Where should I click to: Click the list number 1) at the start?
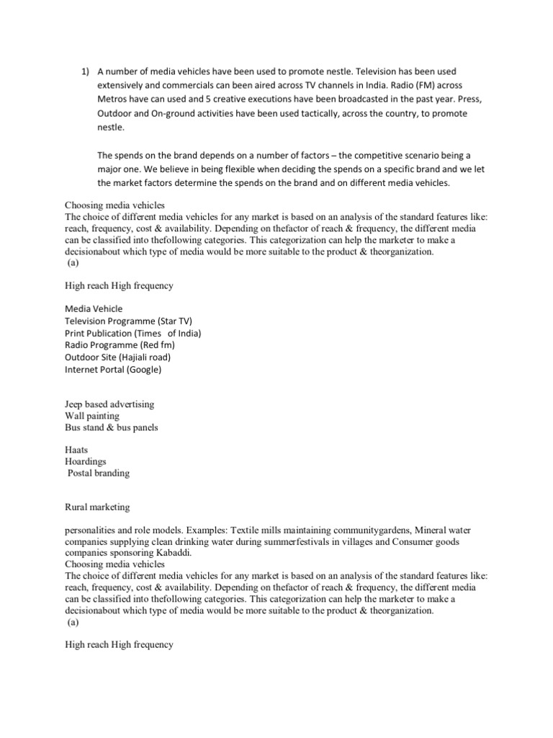(84, 72)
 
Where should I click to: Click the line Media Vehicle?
(94, 308)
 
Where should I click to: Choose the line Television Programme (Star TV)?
(129, 321)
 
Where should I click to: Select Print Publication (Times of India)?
(132, 333)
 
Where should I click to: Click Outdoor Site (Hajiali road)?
(118, 357)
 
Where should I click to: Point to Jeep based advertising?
(109, 404)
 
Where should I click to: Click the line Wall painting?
(92, 416)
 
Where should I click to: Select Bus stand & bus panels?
(112, 427)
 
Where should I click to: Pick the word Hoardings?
(86, 462)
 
